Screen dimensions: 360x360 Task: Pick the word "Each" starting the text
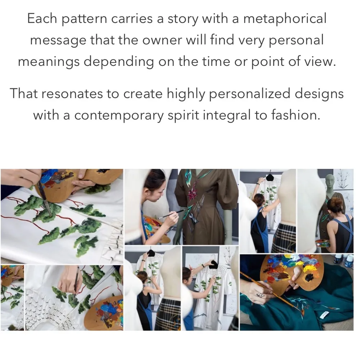click(42, 18)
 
